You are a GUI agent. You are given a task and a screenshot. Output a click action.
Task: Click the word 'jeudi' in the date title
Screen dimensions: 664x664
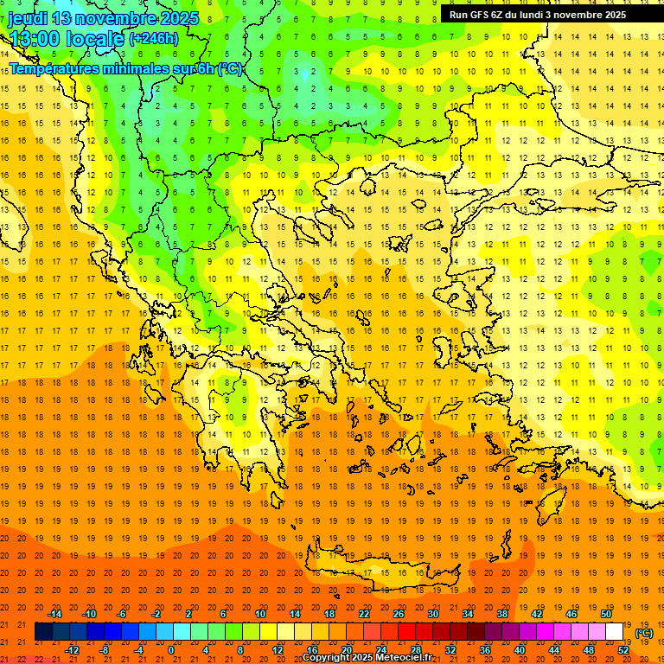28,18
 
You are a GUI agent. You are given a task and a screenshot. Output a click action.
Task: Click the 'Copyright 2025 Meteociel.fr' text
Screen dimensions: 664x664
367,658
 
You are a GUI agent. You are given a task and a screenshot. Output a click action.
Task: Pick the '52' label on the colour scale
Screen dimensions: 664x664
623,650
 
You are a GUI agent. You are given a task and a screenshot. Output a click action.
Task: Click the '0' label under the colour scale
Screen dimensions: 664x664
171,650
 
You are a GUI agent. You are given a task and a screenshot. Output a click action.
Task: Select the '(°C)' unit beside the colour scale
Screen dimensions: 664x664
644,633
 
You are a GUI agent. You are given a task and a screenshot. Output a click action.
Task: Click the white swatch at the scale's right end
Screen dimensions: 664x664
615,632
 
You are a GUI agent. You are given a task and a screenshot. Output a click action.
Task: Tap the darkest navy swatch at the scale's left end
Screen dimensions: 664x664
43,632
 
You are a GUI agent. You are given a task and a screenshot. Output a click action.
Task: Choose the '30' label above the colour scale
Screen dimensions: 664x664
432,614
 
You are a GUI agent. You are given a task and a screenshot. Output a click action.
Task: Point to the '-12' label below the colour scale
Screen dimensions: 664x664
72,650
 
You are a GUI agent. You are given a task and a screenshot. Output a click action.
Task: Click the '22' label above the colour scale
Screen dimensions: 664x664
364,614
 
